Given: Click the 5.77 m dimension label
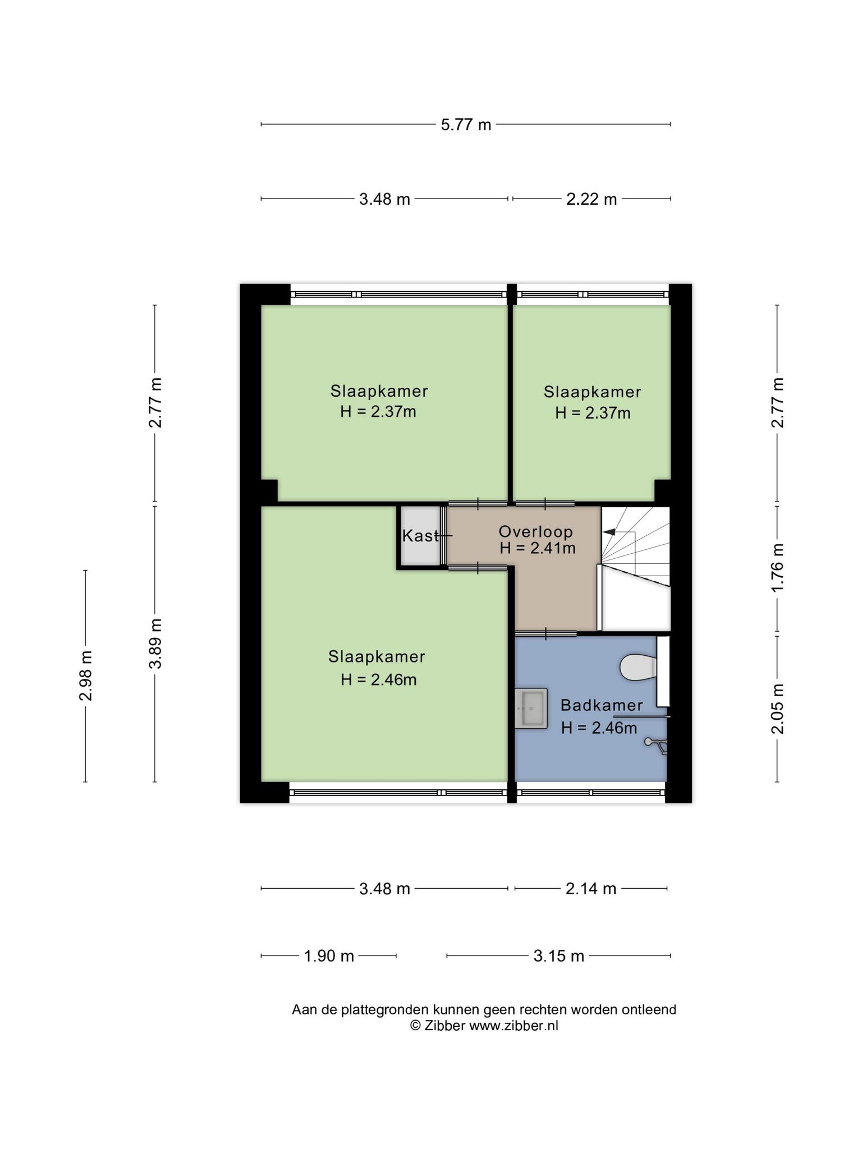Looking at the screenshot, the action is pyautogui.click(x=466, y=125).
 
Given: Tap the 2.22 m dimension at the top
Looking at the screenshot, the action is pyautogui.click(x=592, y=199).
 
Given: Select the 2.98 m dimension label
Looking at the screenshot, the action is pyautogui.click(x=86, y=676).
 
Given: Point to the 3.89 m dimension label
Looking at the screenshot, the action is pyautogui.click(x=155, y=644).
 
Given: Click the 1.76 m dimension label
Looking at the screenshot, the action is pyautogui.click(x=777, y=567).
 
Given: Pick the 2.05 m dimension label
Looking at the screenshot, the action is pyautogui.click(x=777, y=709).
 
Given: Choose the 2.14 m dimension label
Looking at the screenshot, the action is pyautogui.click(x=591, y=889).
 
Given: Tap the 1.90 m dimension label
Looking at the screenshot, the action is pyautogui.click(x=329, y=956).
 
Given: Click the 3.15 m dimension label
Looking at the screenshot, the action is pyautogui.click(x=559, y=956).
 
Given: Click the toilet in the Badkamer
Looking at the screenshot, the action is pyautogui.click(x=638, y=668).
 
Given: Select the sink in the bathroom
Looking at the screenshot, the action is pyautogui.click(x=531, y=709).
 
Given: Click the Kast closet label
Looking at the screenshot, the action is pyautogui.click(x=420, y=536).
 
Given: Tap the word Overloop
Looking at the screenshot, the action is pyautogui.click(x=536, y=531).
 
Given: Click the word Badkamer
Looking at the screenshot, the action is pyautogui.click(x=602, y=705).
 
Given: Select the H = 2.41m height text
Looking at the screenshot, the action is pyautogui.click(x=538, y=548).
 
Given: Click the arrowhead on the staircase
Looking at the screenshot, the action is pyautogui.click(x=608, y=531).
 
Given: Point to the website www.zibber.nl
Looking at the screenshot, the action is pyautogui.click(x=513, y=1026).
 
